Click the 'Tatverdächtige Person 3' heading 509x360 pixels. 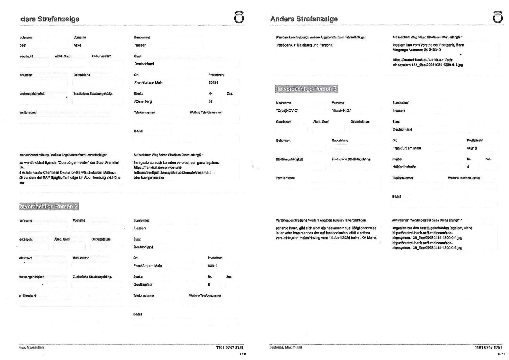click(x=306, y=89)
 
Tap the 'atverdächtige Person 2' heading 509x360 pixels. click(x=48, y=207)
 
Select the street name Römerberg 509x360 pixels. click(x=143, y=101)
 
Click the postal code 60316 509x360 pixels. click(x=472, y=148)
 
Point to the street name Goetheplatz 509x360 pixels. click(x=143, y=284)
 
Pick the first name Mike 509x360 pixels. click(x=77, y=45)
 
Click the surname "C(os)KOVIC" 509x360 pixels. click(x=287, y=110)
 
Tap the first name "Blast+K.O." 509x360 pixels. click(x=342, y=110)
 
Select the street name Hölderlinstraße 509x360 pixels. click(x=404, y=167)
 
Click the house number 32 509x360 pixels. click(x=211, y=101)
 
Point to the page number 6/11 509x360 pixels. click(x=501, y=354)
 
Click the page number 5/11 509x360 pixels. click(x=243, y=354)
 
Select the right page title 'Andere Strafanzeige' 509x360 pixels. click(x=304, y=19)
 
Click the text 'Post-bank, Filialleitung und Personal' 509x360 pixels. click(x=305, y=45)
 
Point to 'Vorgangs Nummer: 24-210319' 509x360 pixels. click(x=417, y=50)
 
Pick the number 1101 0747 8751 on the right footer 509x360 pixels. click(x=488, y=347)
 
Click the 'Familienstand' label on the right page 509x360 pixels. click(x=285, y=178)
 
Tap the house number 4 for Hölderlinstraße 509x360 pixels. click(x=468, y=167)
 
